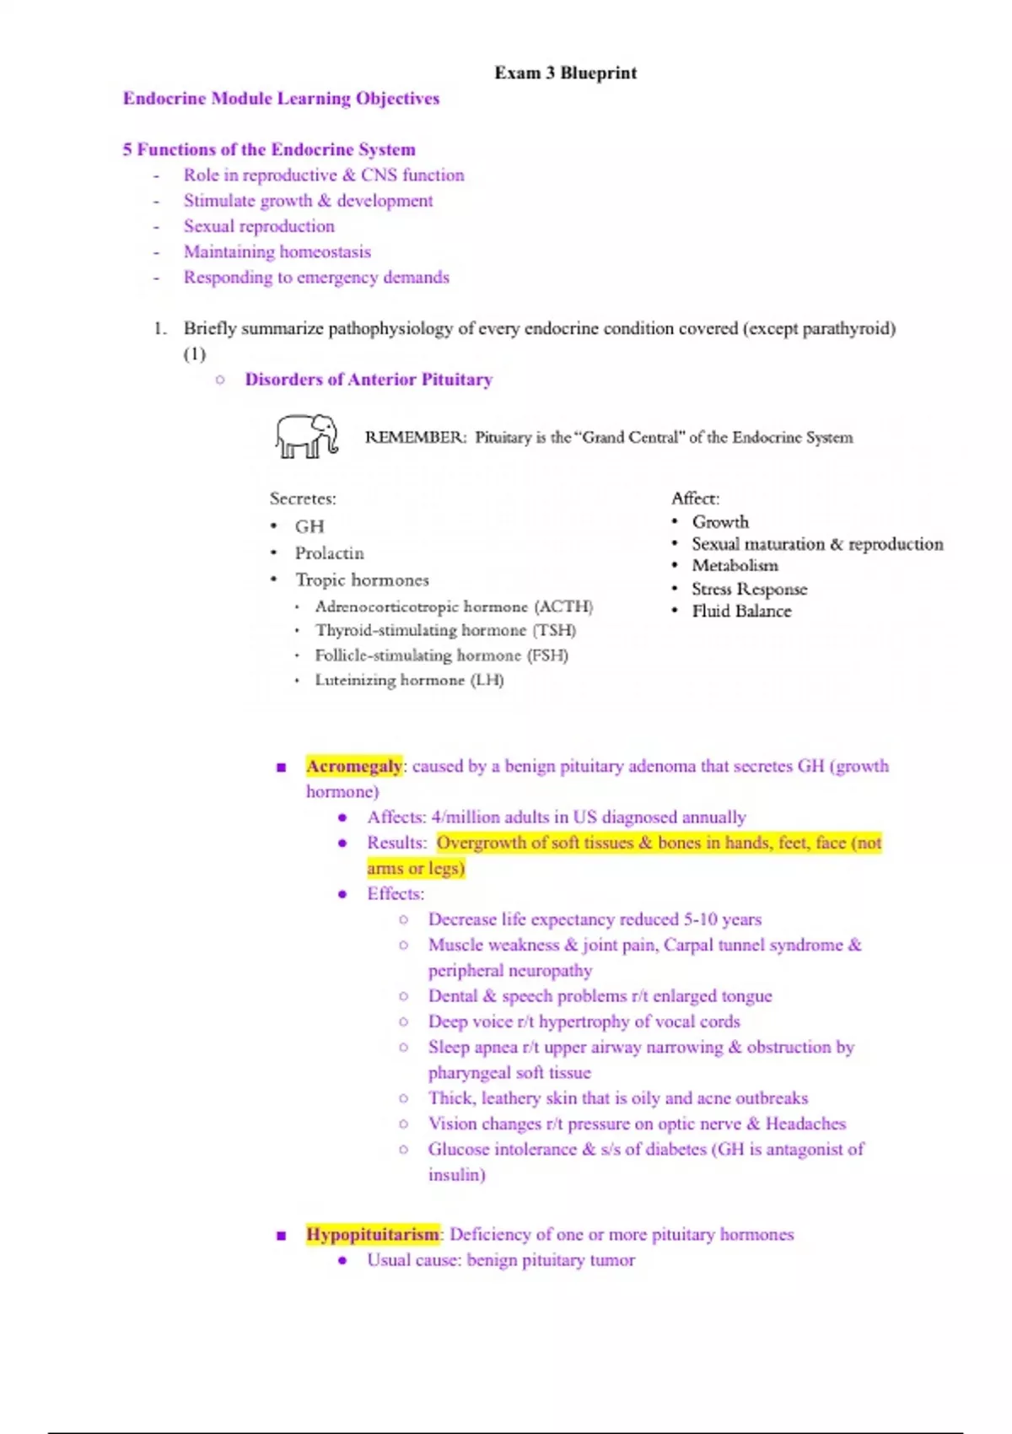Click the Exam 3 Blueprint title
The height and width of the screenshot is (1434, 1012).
[x=565, y=73]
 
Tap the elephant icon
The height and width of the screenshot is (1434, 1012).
[x=306, y=435]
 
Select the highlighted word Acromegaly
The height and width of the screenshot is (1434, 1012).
[x=354, y=767]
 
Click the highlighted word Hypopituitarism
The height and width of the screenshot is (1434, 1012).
[x=373, y=1235]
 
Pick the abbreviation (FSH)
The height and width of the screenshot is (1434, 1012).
[x=547, y=655]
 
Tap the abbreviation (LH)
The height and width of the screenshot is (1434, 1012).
[x=487, y=680]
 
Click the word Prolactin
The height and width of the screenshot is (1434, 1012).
[x=329, y=553]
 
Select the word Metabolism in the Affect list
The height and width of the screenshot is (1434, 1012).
[x=735, y=566]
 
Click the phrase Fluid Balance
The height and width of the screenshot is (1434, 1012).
[x=741, y=612]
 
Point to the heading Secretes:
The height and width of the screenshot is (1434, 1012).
[x=303, y=499]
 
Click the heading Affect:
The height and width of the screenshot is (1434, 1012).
[x=695, y=499]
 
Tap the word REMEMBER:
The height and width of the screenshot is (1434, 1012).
[x=415, y=437]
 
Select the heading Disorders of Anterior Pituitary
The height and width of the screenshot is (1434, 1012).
[x=369, y=380]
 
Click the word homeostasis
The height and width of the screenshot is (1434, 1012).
[x=325, y=252]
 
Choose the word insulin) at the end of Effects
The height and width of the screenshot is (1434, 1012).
[x=456, y=1175]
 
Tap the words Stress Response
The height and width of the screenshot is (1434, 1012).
[x=749, y=589]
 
